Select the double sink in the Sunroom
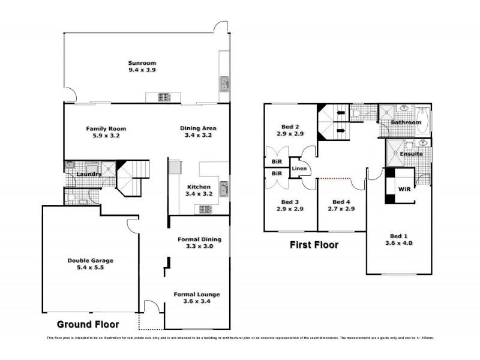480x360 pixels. [224, 83]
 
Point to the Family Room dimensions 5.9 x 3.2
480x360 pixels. [106, 136]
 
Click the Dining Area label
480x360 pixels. [198, 128]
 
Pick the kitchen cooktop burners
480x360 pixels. [205, 209]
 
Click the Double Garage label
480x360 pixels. [90, 260]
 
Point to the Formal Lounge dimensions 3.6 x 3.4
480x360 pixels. [196, 302]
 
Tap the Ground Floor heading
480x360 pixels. [88, 325]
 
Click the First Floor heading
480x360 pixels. [314, 245]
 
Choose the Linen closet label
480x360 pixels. [299, 169]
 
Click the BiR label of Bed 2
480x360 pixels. [277, 162]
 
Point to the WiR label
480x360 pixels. [405, 188]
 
